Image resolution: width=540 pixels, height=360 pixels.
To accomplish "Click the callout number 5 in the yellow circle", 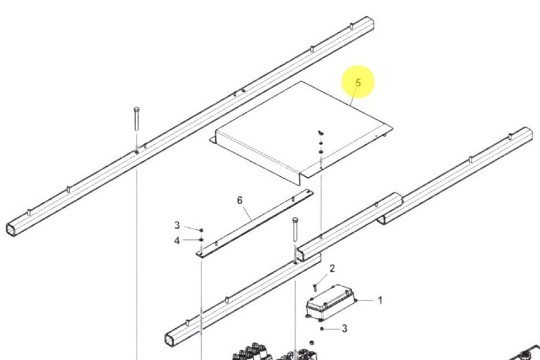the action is [x=358, y=83].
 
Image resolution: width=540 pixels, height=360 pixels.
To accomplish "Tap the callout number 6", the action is [x=239, y=200].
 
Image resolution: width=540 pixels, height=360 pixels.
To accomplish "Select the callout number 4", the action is [x=177, y=241].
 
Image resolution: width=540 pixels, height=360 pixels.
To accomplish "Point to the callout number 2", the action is [x=332, y=268].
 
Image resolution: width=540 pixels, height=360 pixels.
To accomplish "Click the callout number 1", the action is [x=380, y=301].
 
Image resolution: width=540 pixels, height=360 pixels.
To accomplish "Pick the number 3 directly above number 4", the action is [x=177, y=225].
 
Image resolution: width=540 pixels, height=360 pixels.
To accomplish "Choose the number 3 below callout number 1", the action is [x=344, y=329].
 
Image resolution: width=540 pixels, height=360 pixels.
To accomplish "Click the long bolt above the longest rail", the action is [x=137, y=119].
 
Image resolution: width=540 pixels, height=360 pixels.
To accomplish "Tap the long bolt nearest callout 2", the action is [x=295, y=229].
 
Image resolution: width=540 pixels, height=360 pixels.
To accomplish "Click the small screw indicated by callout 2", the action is [x=314, y=287].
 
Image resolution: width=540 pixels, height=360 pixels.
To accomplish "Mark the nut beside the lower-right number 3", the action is [x=322, y=329].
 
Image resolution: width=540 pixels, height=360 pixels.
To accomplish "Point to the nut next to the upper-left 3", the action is [x=202, y=230].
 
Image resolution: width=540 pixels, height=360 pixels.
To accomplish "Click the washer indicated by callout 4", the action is [x=202, y=240].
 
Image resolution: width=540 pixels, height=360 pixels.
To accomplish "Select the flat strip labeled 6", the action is [x=255, y=223].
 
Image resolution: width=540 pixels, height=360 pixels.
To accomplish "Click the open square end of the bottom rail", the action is [x=172, y=340].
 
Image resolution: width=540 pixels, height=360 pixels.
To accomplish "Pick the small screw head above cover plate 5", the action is [x=320, y=132].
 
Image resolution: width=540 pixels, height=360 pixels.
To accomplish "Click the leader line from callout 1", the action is [x=366, y=301].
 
